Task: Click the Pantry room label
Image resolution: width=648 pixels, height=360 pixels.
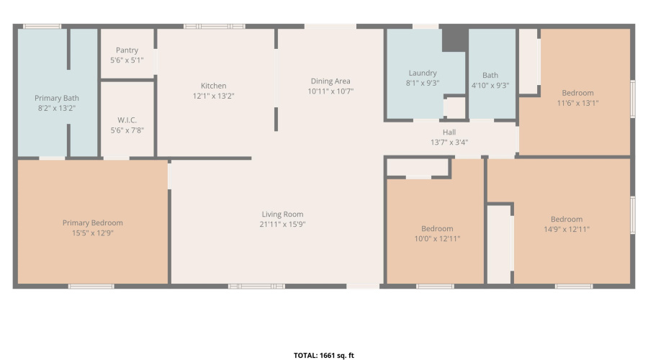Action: (x=127, y=50)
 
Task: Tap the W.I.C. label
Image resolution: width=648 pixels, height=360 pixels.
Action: (x=127, y=120)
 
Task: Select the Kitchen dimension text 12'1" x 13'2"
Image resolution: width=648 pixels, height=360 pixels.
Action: (x=214, y=96)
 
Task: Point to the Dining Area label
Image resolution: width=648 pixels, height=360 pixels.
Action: (x=330, y=81)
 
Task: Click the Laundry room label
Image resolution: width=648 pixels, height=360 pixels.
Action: (x=423, y=73)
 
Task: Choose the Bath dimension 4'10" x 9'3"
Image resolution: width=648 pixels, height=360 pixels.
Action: (x=490, y=85)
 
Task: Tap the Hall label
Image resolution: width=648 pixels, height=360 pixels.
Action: (x=449, y=132)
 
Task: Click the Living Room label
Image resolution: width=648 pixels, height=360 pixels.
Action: (x=282, y=214)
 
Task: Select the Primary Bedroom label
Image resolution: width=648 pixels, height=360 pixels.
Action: (x=93, y=223)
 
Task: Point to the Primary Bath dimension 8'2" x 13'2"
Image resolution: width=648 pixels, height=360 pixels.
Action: (x=57, y=108)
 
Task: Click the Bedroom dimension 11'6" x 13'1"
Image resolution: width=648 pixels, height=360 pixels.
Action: (x=578, y=103)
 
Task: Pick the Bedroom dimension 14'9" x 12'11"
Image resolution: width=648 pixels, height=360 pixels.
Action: (x=567, y=230)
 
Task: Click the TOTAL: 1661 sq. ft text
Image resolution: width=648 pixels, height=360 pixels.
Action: (x=324, y=355)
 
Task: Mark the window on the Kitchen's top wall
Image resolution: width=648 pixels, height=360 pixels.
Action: (x=214, y=27)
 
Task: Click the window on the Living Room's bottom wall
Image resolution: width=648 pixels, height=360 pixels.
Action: (x=256, y=287)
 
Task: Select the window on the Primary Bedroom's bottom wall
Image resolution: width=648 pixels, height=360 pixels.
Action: (x=91, y=287)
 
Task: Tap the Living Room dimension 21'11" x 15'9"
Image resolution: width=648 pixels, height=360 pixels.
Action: (x=282, y=224)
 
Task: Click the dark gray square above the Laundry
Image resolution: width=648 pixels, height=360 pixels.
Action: (x=454, y=37)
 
